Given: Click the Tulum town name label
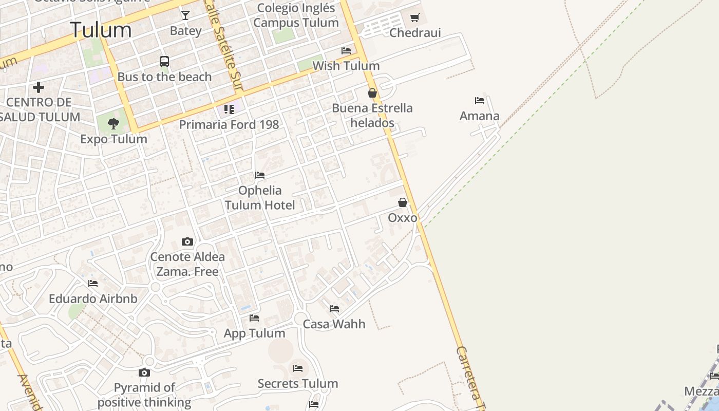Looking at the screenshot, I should tap(101, 30).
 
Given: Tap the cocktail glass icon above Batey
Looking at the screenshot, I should tap(185, 15).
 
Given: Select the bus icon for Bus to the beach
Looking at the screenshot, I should tap(164, 62).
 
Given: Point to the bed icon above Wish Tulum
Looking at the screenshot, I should tap(346, 51).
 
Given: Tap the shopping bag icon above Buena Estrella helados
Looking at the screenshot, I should tap(372, 93).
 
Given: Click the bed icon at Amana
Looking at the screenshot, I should tap(480, 101).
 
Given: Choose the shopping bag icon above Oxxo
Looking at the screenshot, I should tap(403, 202).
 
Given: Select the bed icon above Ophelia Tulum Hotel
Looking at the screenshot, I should tap(260, 175).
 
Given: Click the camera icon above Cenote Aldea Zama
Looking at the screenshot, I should tap(187, 241).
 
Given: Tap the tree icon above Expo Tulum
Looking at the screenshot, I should tap(113, 123).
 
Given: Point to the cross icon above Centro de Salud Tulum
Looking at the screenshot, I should tap(39, 87).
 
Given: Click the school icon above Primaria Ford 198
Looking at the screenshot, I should tap(229, 109).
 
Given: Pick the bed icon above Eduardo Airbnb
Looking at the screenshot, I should tap(93, 283).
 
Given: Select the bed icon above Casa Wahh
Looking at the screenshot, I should tap(334, 309).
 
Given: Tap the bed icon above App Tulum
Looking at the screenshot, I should tap(254, 318).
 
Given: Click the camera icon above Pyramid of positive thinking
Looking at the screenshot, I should tap(144, 372).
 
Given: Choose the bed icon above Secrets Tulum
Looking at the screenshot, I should tap(298, 368).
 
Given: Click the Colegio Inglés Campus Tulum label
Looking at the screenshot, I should tap(296, 15).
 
